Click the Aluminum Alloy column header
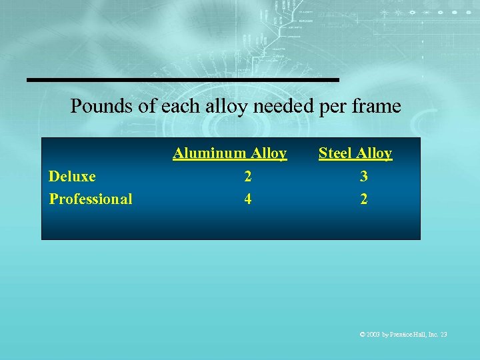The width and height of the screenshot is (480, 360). tap(230, 153)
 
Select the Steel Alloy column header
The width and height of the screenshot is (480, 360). tap(355, 153)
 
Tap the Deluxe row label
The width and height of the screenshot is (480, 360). tap(72, 177)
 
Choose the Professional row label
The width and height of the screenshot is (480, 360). tap(91, 199)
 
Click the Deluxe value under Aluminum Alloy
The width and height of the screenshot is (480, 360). tap(248, 177)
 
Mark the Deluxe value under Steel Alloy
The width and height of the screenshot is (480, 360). tap(363, 177)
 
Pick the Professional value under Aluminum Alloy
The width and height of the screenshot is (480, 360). tap(248, 199)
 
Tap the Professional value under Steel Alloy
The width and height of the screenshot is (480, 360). tap(363, 199)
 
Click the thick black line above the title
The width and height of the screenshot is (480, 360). tap(183, 80)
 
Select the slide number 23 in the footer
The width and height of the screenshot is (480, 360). tap(443, 334)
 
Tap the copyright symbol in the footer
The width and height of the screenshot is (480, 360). tap(362, 334)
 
